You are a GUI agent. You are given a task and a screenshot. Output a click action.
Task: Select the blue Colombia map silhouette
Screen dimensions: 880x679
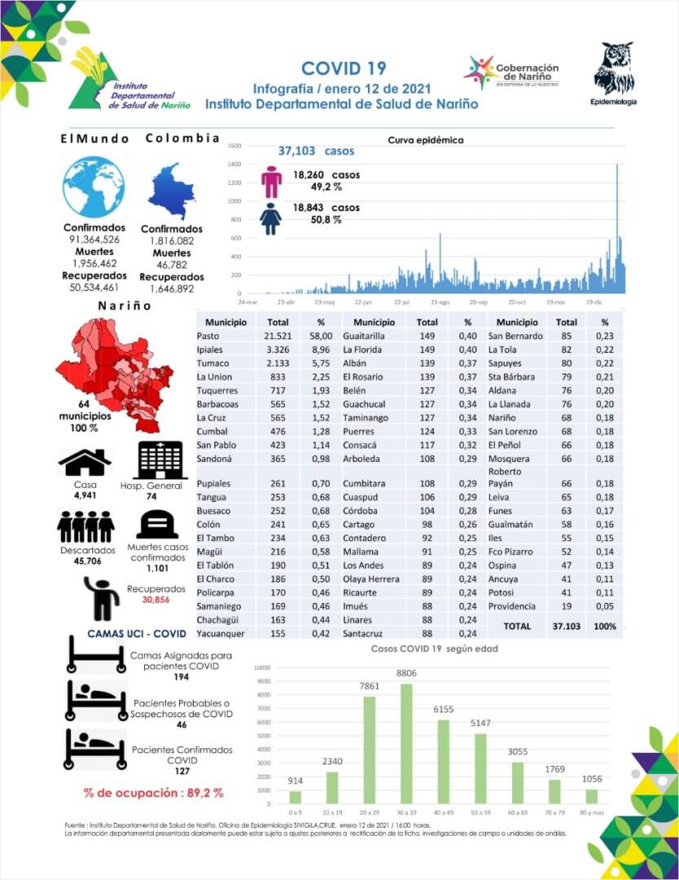click(172, 191)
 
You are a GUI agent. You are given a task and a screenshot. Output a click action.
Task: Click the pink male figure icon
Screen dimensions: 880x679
click(271, 182)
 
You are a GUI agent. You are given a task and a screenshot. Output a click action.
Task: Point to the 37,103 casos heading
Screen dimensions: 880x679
click(317, 152)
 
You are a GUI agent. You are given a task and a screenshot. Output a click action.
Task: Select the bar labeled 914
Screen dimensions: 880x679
click(295, 797)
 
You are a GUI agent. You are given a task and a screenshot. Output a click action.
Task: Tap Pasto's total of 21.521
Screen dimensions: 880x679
click(278, 336)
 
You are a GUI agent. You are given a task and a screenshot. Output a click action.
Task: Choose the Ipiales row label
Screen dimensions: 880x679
click(212, 350)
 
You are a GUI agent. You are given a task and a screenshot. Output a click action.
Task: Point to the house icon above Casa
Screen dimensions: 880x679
click(85, 462)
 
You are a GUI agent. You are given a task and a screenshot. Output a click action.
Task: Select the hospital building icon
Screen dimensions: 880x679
click(161, 461)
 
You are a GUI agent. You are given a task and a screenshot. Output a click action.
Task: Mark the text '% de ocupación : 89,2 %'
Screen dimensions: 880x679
click(153, 792)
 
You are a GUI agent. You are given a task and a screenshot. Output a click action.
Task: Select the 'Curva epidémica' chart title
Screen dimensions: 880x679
click(426, 139)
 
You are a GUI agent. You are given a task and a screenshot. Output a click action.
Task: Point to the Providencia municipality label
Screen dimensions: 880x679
click(512, 606)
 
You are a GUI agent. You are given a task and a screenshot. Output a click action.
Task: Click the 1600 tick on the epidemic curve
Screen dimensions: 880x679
click(234, 146)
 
